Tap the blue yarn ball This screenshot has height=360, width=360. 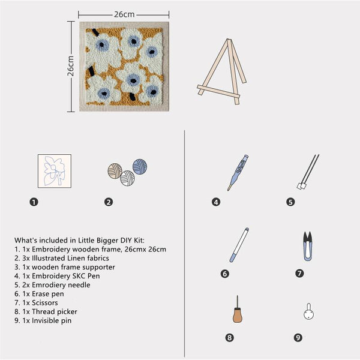(x=140, y=166)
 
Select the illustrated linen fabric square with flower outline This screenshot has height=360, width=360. (x=54, y=170)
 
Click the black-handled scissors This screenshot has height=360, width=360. (x=307, y=246)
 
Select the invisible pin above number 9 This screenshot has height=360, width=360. (x=308, y=312)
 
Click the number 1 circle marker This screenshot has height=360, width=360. (x=34, y=202)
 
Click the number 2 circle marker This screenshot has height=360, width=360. (x=109, y=202)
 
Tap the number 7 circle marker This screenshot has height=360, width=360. (x=299, y=273)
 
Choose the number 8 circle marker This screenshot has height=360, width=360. (x=229, y=338)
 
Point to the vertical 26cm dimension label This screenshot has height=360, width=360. (x=70, y=66)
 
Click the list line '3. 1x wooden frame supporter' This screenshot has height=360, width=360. (x=64, y=267)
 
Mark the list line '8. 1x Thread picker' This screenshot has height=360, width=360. (x=46, y=312)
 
